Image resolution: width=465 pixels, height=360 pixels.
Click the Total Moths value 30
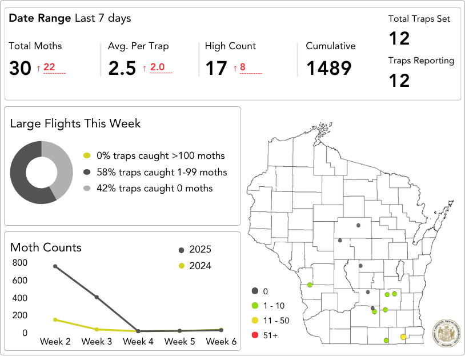click(x=20, y=69)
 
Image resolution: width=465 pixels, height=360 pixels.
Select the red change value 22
click(x=49, y=67)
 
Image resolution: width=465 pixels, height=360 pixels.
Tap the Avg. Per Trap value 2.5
click(x=122, y=69)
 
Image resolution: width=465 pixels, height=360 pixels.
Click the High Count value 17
click(x=217, y=69)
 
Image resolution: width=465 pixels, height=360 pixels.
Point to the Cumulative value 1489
click(x=328, y=69)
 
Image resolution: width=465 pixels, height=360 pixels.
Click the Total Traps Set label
click(x=419, y=19)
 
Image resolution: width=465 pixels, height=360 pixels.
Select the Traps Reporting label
click(x=421, y=61)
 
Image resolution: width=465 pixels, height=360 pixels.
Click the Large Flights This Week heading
click(x=75, y=123)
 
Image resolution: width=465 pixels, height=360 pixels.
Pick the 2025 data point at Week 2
click(x=55, y=266)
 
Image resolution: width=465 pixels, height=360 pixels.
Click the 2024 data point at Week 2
click(x=55, y=319)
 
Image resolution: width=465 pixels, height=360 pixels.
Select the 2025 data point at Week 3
click(x=97, y=297)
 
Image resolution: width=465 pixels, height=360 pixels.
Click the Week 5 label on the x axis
click(x=179, y=342)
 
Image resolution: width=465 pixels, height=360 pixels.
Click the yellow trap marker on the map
click(x=403, y=337)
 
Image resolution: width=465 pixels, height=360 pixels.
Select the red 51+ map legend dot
click(x=255, y=335)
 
